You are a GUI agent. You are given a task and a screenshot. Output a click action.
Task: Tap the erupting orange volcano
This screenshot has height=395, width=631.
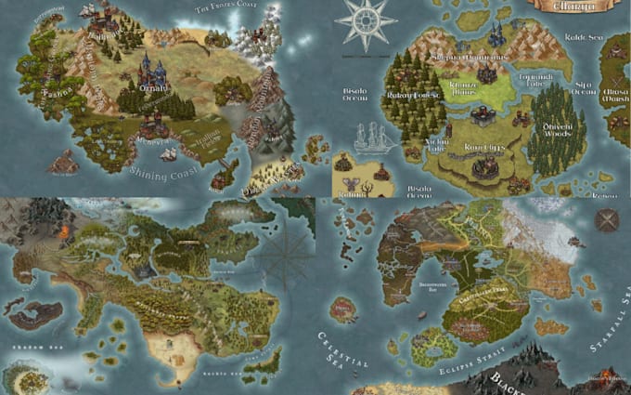pos(65,232)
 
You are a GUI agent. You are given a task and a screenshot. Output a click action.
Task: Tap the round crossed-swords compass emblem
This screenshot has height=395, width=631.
pos(607,221)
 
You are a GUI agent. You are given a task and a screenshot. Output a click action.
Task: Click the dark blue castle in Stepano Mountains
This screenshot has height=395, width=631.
pos(496,34)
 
